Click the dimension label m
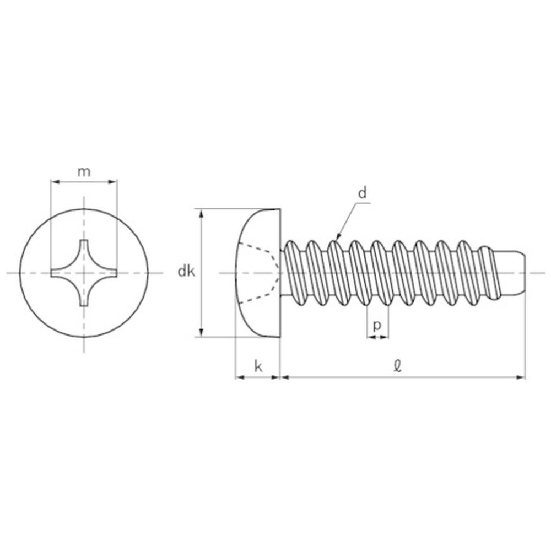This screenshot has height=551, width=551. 84,172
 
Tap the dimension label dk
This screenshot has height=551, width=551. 186,271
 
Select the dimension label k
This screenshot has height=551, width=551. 258,366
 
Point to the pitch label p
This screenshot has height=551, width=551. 377,326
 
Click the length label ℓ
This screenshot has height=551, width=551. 397,366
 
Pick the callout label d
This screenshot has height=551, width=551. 363,193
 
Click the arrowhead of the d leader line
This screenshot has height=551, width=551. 338,236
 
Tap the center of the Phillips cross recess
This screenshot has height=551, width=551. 84,273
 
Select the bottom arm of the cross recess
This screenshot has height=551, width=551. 84,298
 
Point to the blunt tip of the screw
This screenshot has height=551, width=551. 525,273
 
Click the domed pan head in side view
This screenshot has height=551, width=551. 258,273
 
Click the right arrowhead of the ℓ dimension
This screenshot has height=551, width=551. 521,377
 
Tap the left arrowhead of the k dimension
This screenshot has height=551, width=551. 239,377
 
